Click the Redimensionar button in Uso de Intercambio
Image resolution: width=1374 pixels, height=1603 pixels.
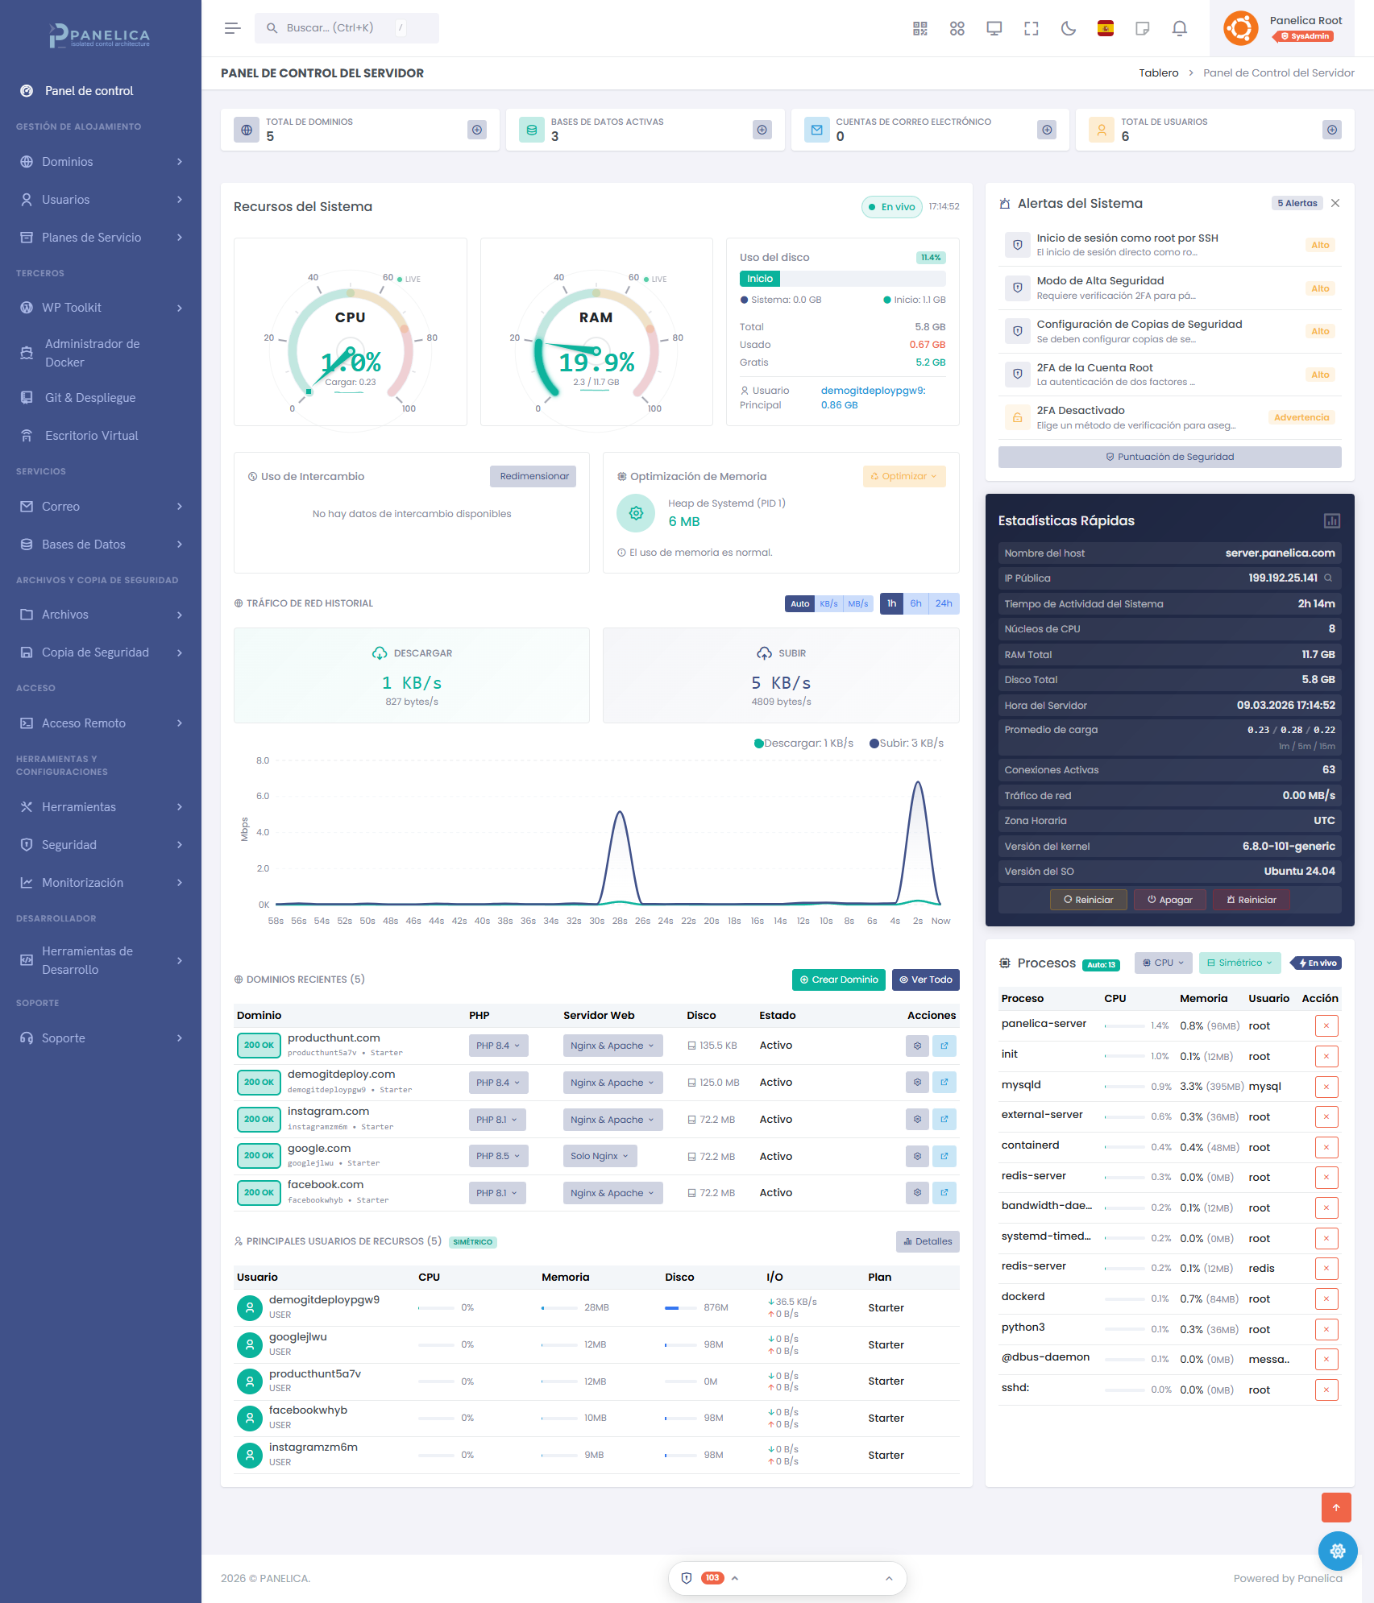tap(533, 476)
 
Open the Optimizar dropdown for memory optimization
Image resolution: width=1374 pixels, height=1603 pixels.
tap(903, 476)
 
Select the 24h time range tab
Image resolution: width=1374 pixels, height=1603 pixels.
tap(943, 603)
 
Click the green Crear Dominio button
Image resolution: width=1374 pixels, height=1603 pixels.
tap(838, 980)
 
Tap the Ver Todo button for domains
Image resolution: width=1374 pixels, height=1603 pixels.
tap(925, 980)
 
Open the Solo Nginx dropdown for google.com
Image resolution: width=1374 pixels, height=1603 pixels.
tap(600, 1156)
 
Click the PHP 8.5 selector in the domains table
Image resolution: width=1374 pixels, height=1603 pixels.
tap(498, 1156)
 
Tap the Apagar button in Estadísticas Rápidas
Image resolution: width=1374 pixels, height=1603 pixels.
tap(1170, 900)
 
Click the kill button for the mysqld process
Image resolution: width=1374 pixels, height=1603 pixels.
tap(1326, 1087)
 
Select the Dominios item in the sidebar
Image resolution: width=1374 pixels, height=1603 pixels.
tap(68, 162)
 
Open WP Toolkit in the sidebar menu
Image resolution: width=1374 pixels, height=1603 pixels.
tap(72, 308)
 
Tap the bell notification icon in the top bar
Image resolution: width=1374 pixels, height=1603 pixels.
tap(1179, 29)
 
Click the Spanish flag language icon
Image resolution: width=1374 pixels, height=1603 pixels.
tap(1106, 29)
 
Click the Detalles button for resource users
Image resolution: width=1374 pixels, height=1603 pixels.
tap(928, 1241)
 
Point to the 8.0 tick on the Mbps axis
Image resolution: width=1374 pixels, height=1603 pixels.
tap(263, 760)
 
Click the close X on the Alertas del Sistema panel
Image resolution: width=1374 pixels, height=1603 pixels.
tap(1335, 203)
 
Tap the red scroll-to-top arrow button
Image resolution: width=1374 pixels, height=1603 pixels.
tap(1335, 1507)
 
